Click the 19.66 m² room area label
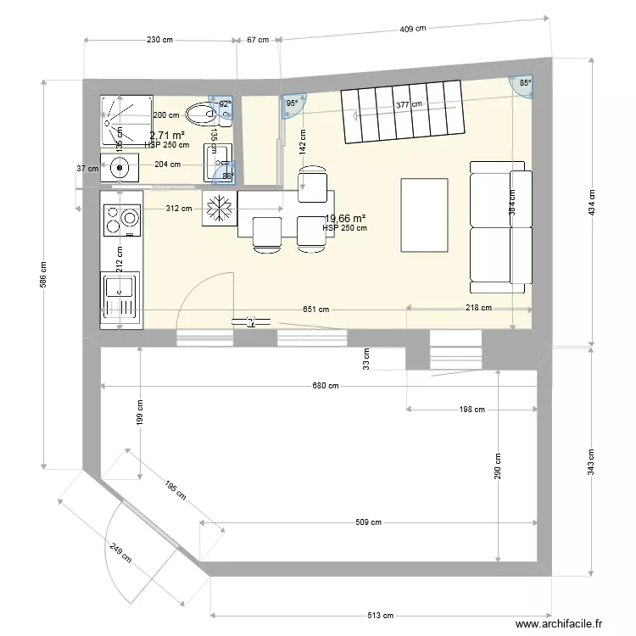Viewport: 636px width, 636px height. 346,218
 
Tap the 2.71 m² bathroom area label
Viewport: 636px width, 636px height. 167,136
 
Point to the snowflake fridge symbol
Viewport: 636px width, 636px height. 219,209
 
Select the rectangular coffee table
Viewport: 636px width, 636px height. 423,215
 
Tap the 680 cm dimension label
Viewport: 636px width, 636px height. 325,386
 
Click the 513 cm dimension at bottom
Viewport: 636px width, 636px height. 385,615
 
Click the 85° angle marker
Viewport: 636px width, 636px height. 525,84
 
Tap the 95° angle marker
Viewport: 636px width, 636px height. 293,103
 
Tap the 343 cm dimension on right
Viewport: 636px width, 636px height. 592,462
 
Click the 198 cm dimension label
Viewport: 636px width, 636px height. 472,410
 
